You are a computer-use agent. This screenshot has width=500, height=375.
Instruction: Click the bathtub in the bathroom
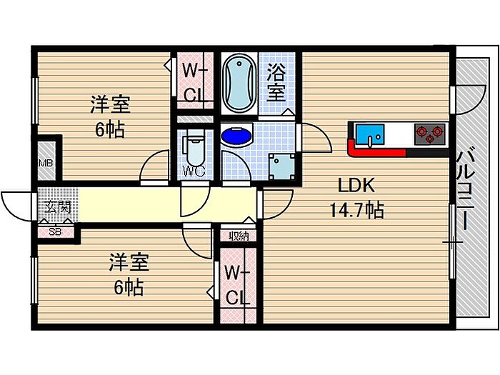(x=239, y=84)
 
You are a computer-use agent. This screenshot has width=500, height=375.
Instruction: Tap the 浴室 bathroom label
(x=276, y=82)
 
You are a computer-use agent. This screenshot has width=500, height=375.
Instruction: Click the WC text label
(x=194, y=171)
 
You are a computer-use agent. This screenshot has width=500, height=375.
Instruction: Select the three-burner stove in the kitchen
(x=431, y=133)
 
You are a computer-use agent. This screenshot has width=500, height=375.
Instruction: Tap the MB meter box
(x=45, y=164)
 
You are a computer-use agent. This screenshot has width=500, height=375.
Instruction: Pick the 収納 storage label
(x=239, y=236)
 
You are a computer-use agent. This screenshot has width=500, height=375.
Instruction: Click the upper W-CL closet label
(x=194, y=83)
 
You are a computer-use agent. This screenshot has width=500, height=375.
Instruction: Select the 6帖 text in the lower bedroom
(x=129, y=288)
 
